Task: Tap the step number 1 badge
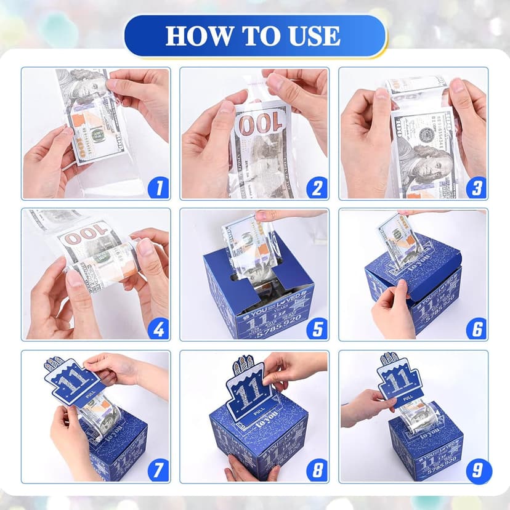[158, 187]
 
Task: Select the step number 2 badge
[317, 187]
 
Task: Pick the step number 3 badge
[476, 187]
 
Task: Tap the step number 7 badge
[158, 471]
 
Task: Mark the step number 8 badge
[317, 471]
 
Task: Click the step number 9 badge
[476, 471]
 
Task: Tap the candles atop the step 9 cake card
[389, 358]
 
